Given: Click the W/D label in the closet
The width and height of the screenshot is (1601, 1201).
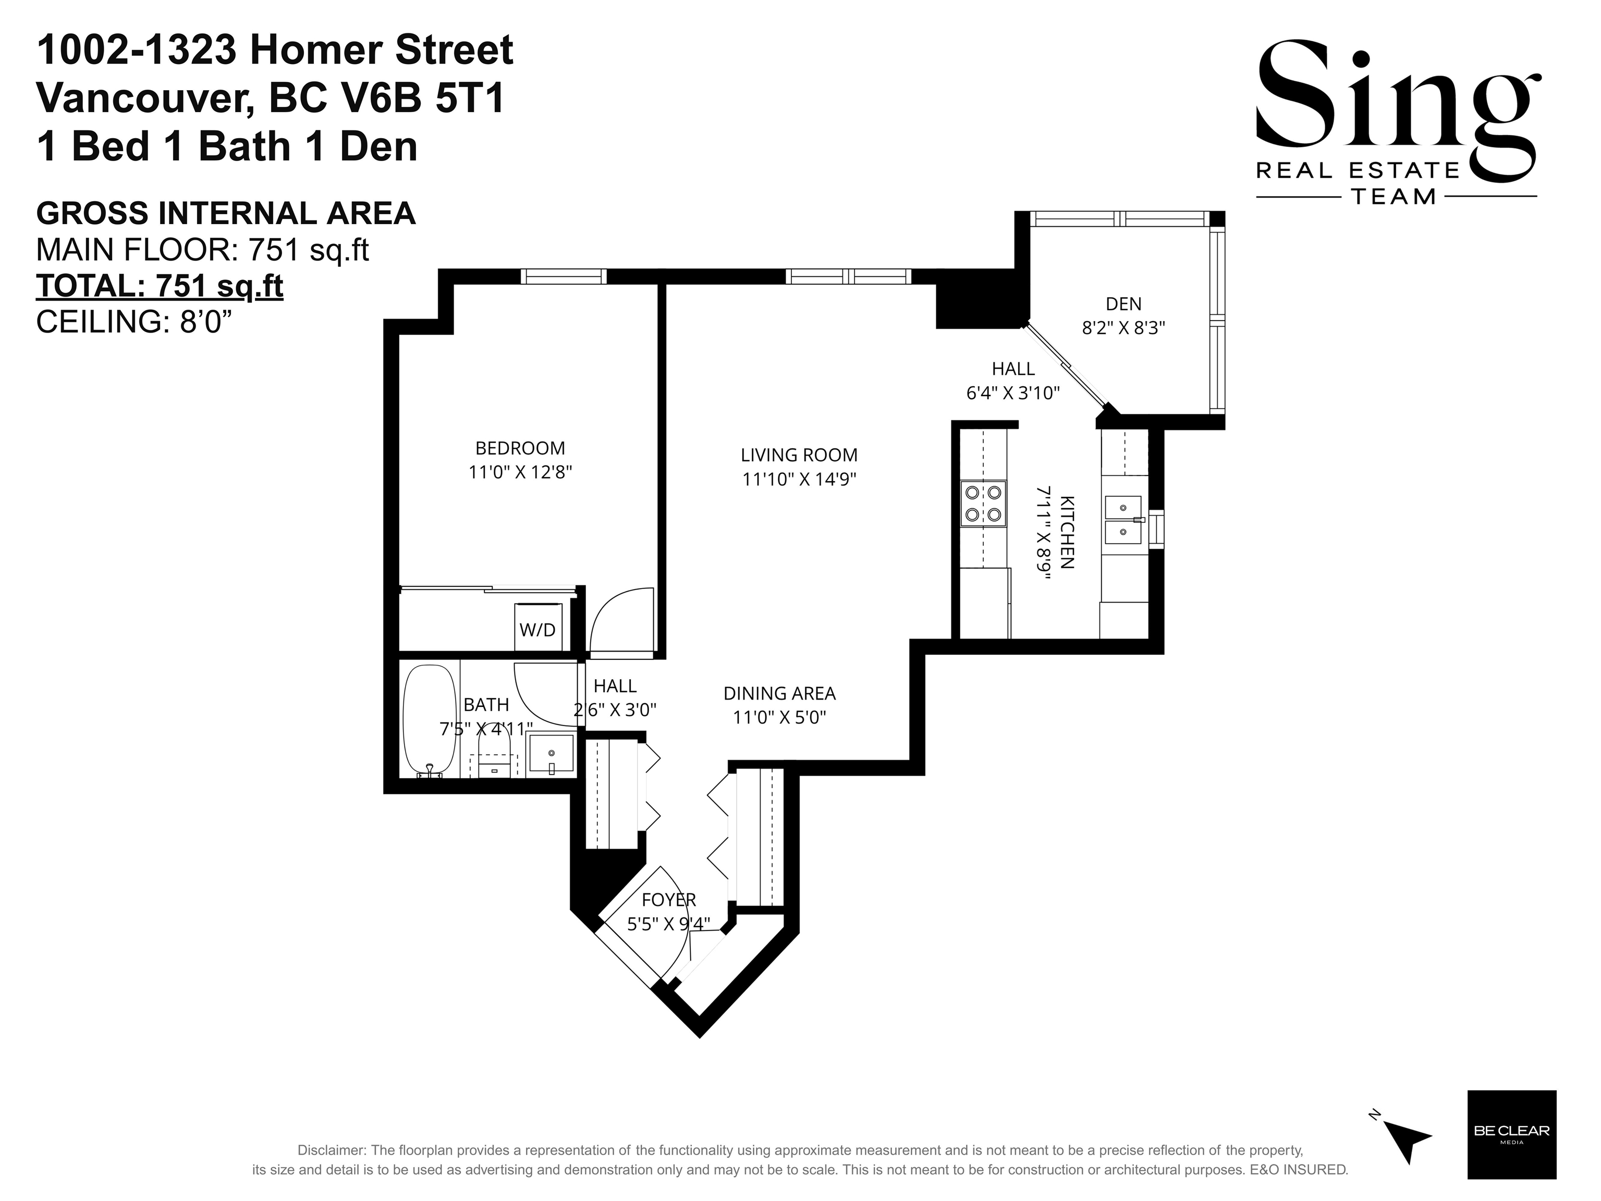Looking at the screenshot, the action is pyautogui.click(x=537, y=630).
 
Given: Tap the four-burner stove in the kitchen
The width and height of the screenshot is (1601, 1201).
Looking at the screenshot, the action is pyautogui.click(x=983, y=504).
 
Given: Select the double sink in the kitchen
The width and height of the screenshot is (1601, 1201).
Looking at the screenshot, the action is pyautogui.click(x=1123, y=520).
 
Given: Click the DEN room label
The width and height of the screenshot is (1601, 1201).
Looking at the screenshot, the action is pyautogui.click(x=1123, y=304).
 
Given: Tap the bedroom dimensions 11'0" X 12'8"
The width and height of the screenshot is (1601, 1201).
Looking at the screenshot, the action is pyautogui.click(x=520, y=472).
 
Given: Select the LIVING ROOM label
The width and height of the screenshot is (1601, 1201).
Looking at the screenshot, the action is pyautogui.click(x=799, y=455).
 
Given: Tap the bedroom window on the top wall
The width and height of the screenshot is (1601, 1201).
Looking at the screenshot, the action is pyautogui.click(x=563, y=276).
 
